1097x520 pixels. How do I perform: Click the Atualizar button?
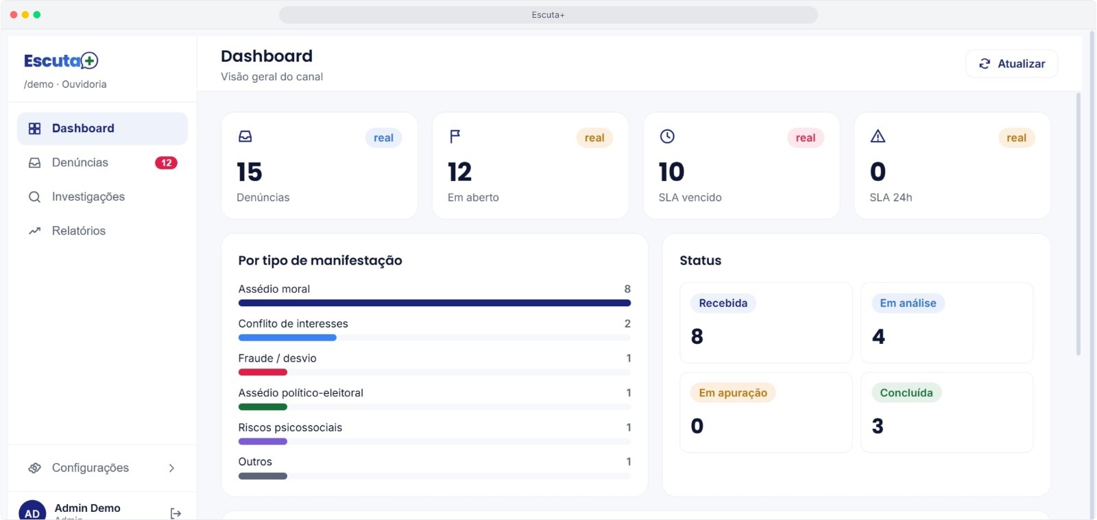point(1011,64)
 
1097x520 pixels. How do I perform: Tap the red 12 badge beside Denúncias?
point(166,163)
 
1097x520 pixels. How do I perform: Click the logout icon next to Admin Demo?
point(176,512)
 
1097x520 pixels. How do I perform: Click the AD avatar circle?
point(32,510)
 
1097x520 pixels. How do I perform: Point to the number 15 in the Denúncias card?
point(250,172)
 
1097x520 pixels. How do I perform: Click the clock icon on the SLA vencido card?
point(667,136)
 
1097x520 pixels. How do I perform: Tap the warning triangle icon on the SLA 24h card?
point(878,136)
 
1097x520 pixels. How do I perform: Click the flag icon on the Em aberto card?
point(455,136)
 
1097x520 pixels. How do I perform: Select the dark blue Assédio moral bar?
point(435,304)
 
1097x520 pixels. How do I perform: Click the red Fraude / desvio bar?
point(263,372)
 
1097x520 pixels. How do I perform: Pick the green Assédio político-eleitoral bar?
point(263,407)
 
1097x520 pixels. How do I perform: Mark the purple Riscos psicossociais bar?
point(263,442)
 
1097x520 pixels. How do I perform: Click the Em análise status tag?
point(908,304)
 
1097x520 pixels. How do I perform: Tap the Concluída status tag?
point(906,393)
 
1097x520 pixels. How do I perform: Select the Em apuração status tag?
point(733,393)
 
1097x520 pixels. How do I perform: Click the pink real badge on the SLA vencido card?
point(806,138)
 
